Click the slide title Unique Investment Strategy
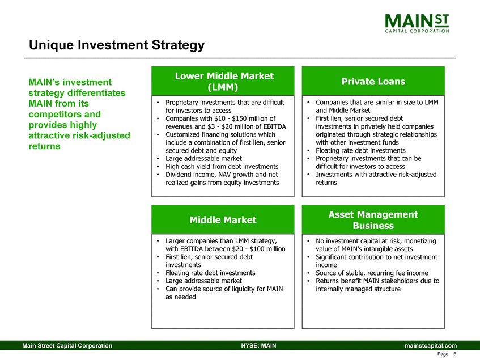tap(117, 45)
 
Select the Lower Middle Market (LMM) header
tap(223, 81)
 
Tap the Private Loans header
tap(373, 81)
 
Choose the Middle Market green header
tap(223, 219)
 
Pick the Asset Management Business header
tap(373, 219)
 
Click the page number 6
tap(455, 354)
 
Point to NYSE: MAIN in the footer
tap(258, 346)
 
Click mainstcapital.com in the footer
tap(430, 346)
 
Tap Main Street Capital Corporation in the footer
tap(67, 346)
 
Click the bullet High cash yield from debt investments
tap(222, 167)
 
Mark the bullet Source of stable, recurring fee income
tap(372, 273)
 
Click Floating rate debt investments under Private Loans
tap(360, 151)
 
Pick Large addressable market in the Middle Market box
tap(203, 281)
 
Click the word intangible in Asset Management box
tap(369, 249)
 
